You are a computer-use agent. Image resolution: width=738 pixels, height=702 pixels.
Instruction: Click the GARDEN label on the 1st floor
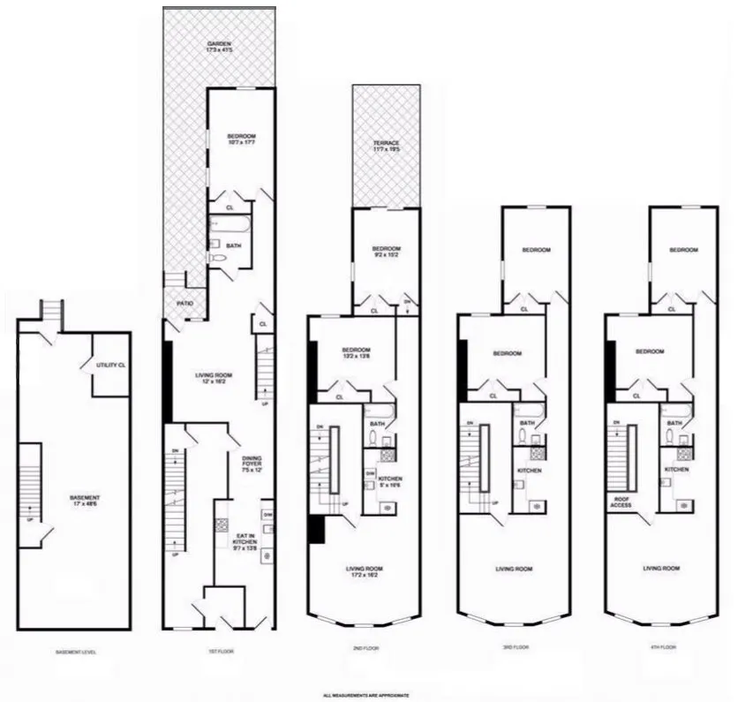pyautogui.click(x=219, y=47)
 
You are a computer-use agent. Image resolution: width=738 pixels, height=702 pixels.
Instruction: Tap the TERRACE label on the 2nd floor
pyautogui.click(x=386, y=147)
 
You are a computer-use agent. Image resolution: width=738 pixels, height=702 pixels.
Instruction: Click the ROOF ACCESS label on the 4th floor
pyautogui.click(x=619, y=502)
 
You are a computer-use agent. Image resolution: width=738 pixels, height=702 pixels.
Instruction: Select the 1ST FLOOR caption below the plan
pyautogui.click(x=222, y=652)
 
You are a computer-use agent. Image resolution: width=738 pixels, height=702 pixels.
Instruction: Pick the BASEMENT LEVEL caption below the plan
pyautogui.click(x=74, y=652)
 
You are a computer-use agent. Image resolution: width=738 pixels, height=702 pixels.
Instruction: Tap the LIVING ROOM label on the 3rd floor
pyautogui.click(x=513, y=569)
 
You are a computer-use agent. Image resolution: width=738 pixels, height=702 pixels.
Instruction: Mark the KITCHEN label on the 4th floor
pyautogui.click(x=676, y=470)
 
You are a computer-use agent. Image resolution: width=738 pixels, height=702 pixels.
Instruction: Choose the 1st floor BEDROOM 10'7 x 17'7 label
pyautogui.click(x=241, y=140)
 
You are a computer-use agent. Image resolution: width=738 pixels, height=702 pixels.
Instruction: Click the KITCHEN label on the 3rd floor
pyautogui.click(x=529, y=471)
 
